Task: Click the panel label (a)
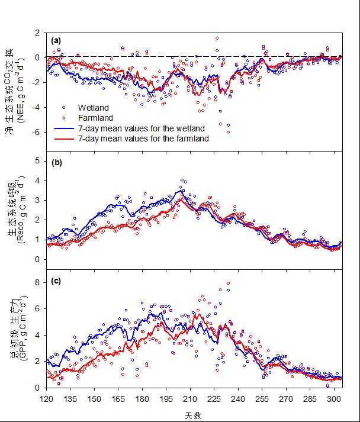(x=56, y=41)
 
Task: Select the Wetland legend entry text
(x=94, y=108)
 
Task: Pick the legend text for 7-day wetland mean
(x=142, y=128)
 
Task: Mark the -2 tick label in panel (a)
(x=37, y=82)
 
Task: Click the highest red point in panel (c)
(x=228, y=284)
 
